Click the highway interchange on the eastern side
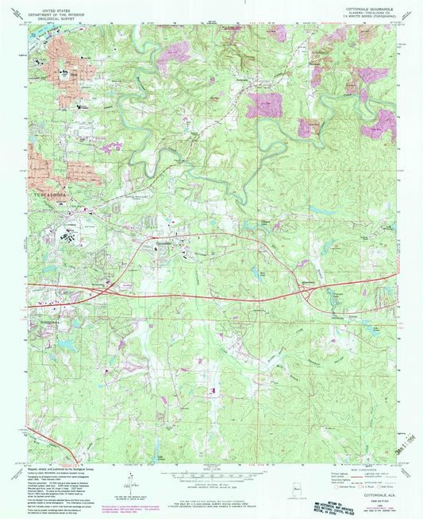pyautogui.click(x=311, y=292)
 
